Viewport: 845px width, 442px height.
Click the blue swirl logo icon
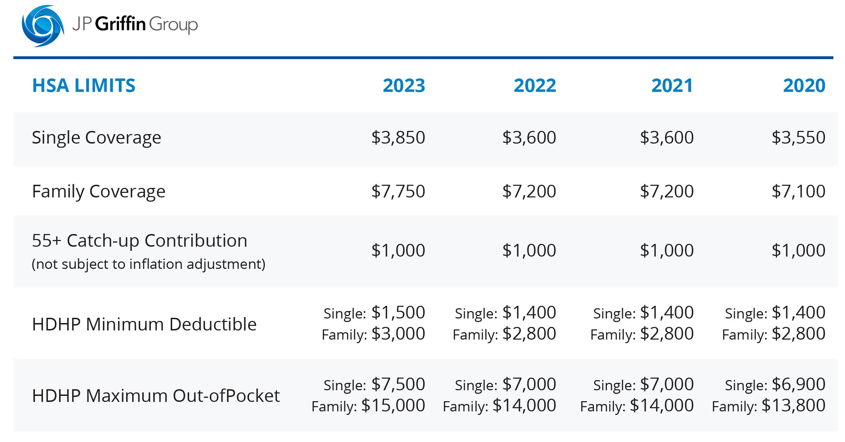[43, 26]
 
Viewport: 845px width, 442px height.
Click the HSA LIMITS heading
[83, 86]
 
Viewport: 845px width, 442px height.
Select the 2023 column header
[404, 86]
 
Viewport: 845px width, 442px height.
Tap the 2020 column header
[804, 86]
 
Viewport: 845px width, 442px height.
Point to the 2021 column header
[672, 86]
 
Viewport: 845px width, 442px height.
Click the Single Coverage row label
[96, 138]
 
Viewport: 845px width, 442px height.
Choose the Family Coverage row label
[99, 192]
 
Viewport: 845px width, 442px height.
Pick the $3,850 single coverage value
[398, 137]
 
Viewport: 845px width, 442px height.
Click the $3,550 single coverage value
[798, 137]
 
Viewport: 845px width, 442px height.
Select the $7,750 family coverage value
[398, 191]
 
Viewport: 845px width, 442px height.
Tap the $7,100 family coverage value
[798, 191]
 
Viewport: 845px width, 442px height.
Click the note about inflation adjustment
[149, 264]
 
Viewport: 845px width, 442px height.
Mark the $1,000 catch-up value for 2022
[529, 251]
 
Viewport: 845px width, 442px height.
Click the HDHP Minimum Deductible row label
[144, 324]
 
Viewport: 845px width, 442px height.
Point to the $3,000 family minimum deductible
[398, 334]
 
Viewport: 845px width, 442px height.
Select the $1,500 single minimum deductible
[398, 312]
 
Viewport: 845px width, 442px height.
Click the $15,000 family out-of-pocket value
[393, 405]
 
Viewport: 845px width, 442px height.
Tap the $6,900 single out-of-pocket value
[798, 384]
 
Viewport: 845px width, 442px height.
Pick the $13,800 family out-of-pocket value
[793, 405]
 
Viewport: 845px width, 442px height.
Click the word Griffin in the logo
[120, 24]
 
